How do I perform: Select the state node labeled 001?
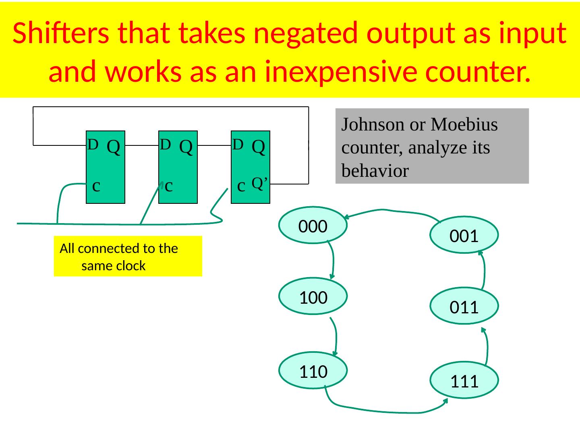464,235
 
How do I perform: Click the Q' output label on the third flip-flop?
260,183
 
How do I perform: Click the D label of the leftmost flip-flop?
93,144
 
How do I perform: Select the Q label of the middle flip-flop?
185,147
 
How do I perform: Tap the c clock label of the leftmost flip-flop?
96,186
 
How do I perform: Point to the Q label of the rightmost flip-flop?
258,147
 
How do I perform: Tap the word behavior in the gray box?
375,171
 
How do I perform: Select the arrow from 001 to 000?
387,210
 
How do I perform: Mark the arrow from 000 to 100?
333,260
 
